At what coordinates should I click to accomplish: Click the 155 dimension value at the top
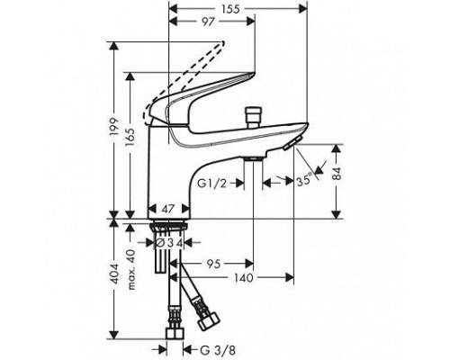231,9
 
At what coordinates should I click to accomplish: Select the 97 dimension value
209,22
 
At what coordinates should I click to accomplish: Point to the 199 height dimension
114,127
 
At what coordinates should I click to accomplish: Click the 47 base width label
168,209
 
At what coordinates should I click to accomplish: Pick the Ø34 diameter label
170,243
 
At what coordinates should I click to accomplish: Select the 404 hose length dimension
114,274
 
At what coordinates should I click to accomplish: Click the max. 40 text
131,269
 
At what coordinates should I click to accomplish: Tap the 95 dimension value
213,264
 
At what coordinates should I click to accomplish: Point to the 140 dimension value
243,278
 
